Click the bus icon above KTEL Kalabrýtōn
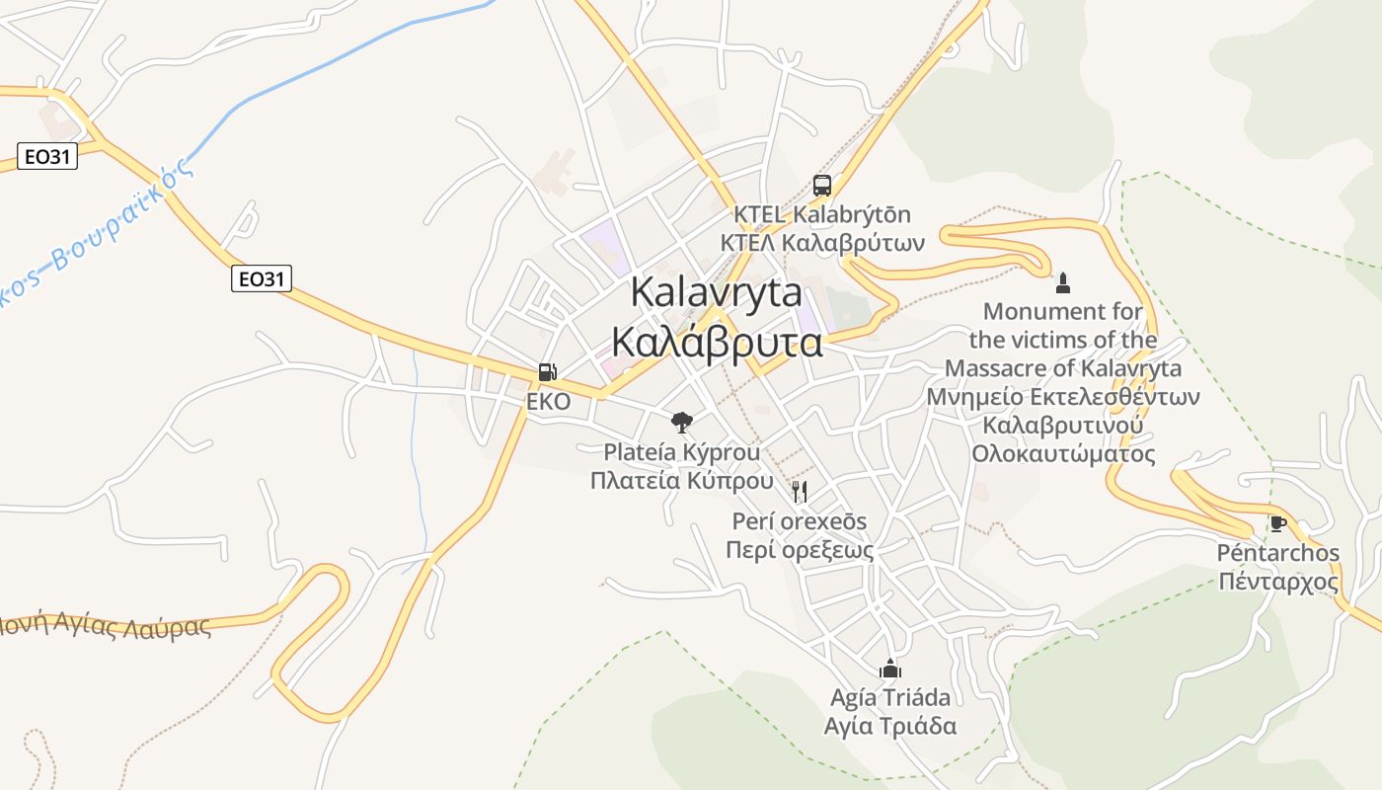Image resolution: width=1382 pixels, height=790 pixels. tap(821, 185)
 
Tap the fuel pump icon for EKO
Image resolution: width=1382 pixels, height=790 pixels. tap(548, 372)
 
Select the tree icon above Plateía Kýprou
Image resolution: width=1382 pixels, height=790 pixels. tap(681, 423)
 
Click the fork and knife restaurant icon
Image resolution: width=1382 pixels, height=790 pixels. tap(800, 491)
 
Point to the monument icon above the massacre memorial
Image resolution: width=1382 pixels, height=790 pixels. tap(1062, 283)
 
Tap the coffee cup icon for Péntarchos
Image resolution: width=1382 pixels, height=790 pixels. tap(1277, 523)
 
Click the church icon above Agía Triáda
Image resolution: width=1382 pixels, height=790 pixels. tap(890, 669)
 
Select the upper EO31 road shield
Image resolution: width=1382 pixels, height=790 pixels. tap(46, 155)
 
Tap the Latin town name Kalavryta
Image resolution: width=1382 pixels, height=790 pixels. tap(716, 293)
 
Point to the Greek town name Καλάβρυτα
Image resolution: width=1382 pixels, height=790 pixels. tap(716, 342)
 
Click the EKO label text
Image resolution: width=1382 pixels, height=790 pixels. tap(548, 402)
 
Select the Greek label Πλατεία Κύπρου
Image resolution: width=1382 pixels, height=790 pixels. tap(681, 481)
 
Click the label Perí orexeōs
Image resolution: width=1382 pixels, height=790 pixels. tap(800, 520)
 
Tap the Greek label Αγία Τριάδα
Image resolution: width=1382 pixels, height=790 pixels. tap(890, 726)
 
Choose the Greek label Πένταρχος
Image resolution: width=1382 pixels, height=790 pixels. tap(1277, 581)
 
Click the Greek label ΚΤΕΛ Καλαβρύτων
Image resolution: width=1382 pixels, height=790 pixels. tap(821, 242)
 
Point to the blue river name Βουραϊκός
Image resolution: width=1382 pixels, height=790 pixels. tap(118, 222)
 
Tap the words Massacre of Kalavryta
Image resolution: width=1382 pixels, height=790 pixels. tap(1062, 368)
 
